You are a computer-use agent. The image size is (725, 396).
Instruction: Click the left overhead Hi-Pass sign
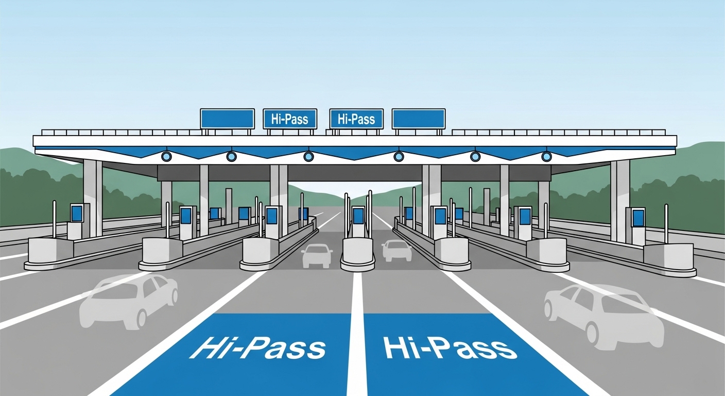tap(289, 119)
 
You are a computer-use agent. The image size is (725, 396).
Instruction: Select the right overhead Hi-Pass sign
tap(356, 119)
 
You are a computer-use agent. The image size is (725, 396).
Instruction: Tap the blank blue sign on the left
tap(227, 119)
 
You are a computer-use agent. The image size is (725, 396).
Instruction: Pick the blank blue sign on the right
tap(419, 119)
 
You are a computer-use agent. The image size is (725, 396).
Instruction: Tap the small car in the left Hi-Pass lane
tap(317, 255)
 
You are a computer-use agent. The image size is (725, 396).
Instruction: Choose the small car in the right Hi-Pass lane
tap(396, 251)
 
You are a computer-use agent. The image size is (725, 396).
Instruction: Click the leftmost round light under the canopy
tap(166, 156)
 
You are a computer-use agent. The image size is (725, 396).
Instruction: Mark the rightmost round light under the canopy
tap(546, 156)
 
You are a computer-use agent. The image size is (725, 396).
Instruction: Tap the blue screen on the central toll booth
tap(358, 215)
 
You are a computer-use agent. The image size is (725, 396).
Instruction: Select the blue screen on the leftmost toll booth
tap(77, 212)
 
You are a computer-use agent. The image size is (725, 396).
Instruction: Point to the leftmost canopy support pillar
tap(93, 196)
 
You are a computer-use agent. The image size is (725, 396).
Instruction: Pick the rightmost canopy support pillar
tap(620, 199)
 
